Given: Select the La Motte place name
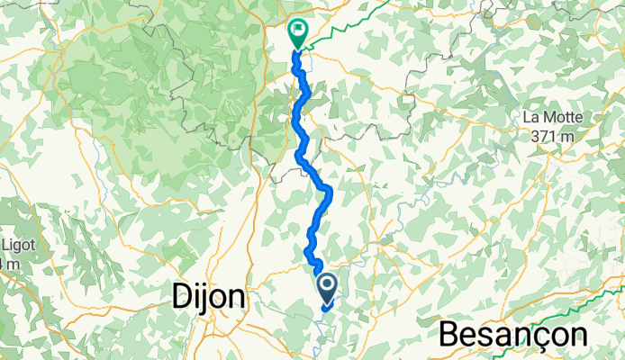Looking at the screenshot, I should (552, 118).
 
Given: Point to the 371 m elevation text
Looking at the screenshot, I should (552, 136).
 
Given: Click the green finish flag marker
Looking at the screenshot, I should (297, 32).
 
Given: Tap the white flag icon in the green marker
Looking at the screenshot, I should (297, 30).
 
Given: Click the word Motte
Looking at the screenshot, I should (563, 118).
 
